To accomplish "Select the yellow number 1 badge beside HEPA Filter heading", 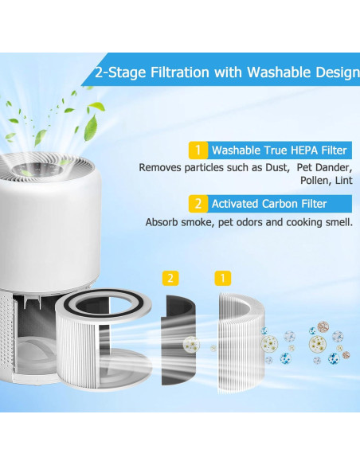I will pos(197,150).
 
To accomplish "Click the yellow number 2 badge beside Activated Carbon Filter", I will pos(197,203).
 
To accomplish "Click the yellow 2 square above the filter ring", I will pos(169,278).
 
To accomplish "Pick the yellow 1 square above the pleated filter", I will pos(224,278).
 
